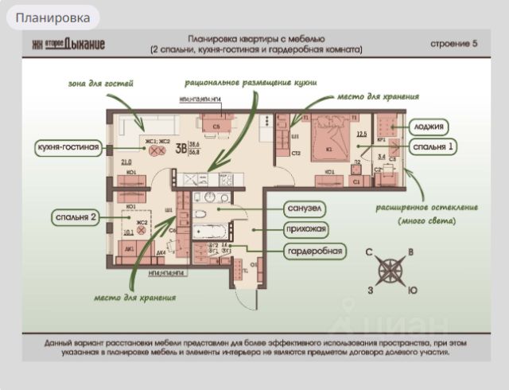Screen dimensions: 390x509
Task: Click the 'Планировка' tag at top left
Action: (x=52, y=17)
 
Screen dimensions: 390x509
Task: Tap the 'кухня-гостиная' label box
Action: (x=68, y=147)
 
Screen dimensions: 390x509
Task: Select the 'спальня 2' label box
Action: (x=76, y=216)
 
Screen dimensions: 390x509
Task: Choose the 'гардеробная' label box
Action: (x=315, y=251)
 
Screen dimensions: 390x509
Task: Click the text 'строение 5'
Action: (x=454, y=44)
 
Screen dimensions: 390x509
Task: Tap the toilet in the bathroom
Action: (x=200, y=213)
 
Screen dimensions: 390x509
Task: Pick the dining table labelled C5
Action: (x=216, y=123)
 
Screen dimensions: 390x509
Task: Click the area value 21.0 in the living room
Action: (x=126, y=162)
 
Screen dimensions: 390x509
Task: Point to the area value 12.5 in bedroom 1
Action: (x=361, y=135)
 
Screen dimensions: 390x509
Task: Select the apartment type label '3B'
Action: (x=181, y=148)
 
